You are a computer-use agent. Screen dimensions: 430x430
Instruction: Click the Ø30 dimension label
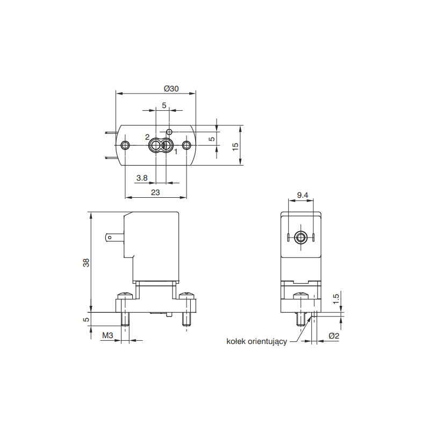tap(171, 89)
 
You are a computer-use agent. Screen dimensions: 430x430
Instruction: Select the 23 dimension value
tap(155, 192)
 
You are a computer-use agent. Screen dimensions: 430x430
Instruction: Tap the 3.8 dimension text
tap(142, 178)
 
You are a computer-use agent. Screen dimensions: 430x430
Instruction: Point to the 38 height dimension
tap(86, 263)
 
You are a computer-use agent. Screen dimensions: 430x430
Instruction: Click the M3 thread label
tap(107, 335)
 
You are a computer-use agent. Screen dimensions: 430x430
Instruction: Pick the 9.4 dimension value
tap(303, 195)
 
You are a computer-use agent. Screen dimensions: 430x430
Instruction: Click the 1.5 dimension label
tap(336, 299)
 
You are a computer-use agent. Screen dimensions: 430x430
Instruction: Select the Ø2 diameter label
tap(334, 335)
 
